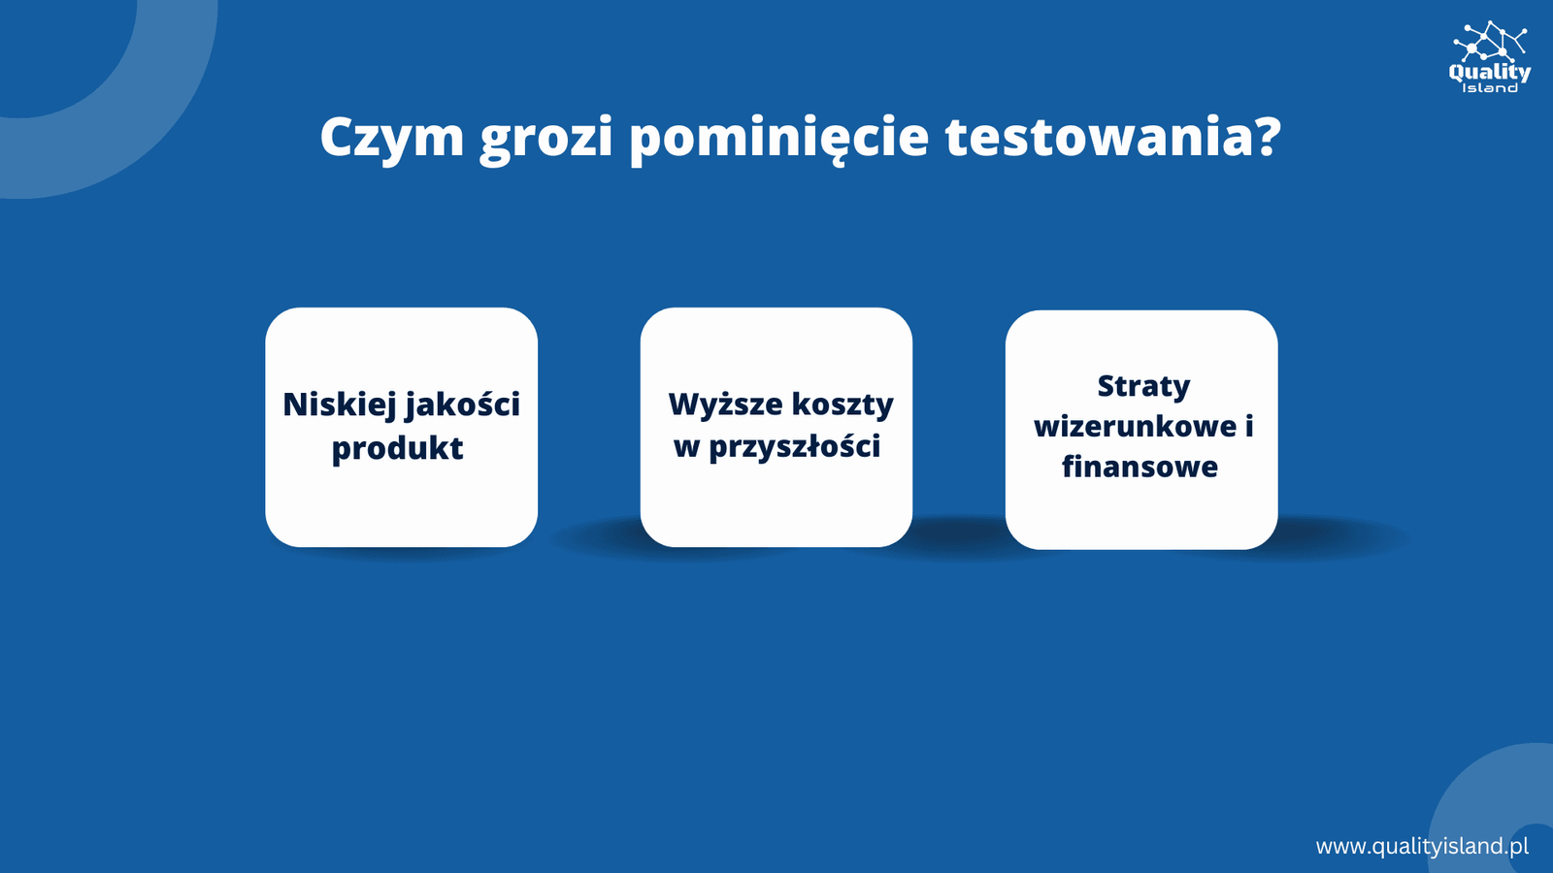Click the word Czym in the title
[392, 137]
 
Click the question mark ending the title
[1266, 137]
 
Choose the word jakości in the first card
[461, 405]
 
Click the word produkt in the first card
[397, 447]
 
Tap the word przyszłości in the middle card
[795, 446]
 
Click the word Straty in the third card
[1143, 386]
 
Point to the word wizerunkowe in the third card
[1135, 426]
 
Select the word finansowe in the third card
[1140, 466]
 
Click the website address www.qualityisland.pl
[1422, 847]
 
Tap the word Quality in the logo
[1489, 72]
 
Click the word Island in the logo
[1489, 88]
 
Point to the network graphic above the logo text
[1489, 40]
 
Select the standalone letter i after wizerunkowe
[1249, 426]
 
